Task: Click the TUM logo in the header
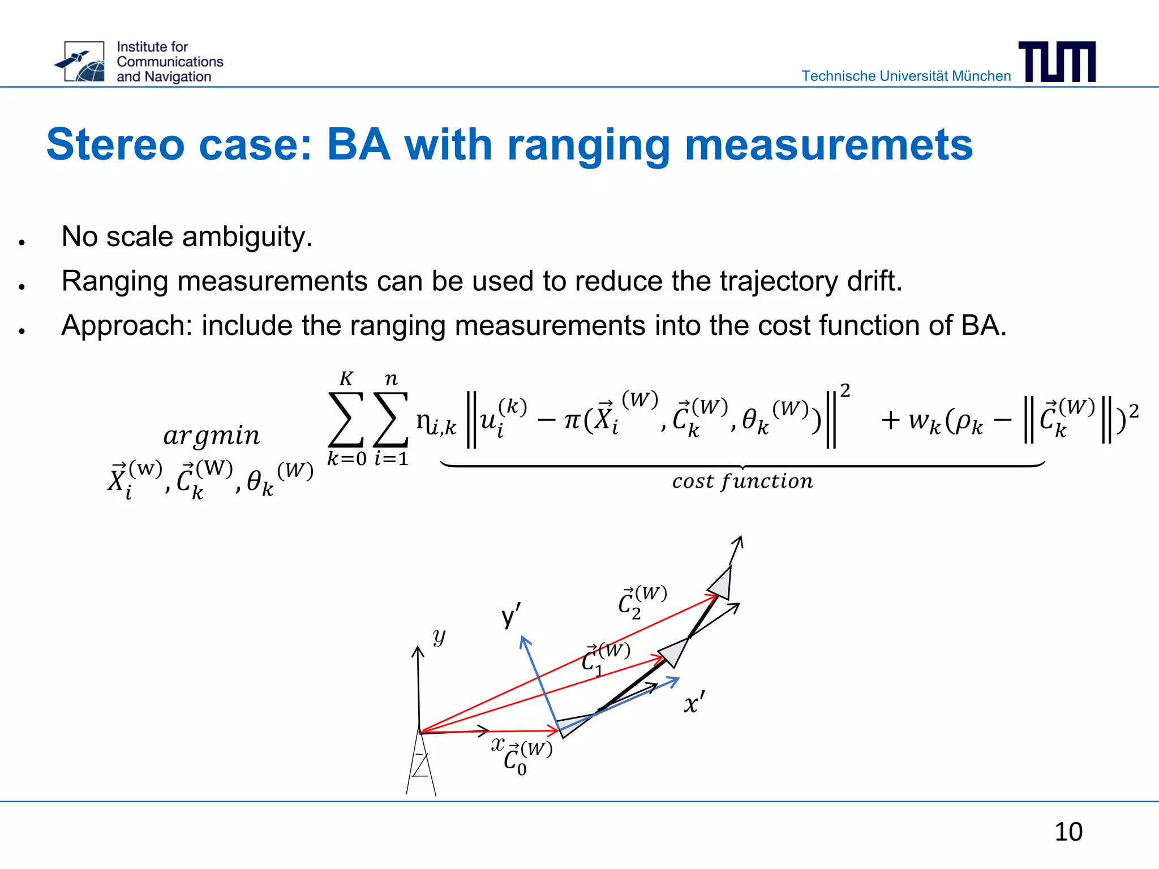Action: point(1057,62)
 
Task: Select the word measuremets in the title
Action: point(829,145)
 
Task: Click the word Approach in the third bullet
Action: point(127,326)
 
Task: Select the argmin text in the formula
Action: point(212,435)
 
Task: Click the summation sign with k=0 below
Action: point(346,419)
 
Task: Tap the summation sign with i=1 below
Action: point(390,419)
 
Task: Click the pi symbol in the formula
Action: point(572,420)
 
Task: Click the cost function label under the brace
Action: point(742,481)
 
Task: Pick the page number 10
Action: point(1068,832)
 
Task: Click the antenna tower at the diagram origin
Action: point(421,764)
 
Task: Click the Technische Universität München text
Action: point(905,76)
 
